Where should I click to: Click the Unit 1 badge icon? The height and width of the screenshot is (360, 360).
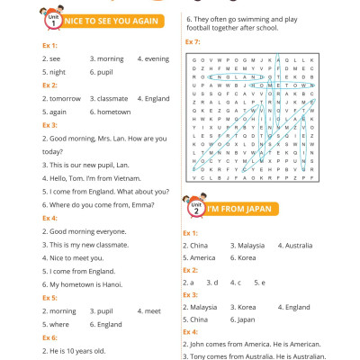(50, 18)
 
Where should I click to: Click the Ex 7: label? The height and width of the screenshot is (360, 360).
(193, 42)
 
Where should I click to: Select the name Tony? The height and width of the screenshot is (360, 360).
(200, 357)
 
